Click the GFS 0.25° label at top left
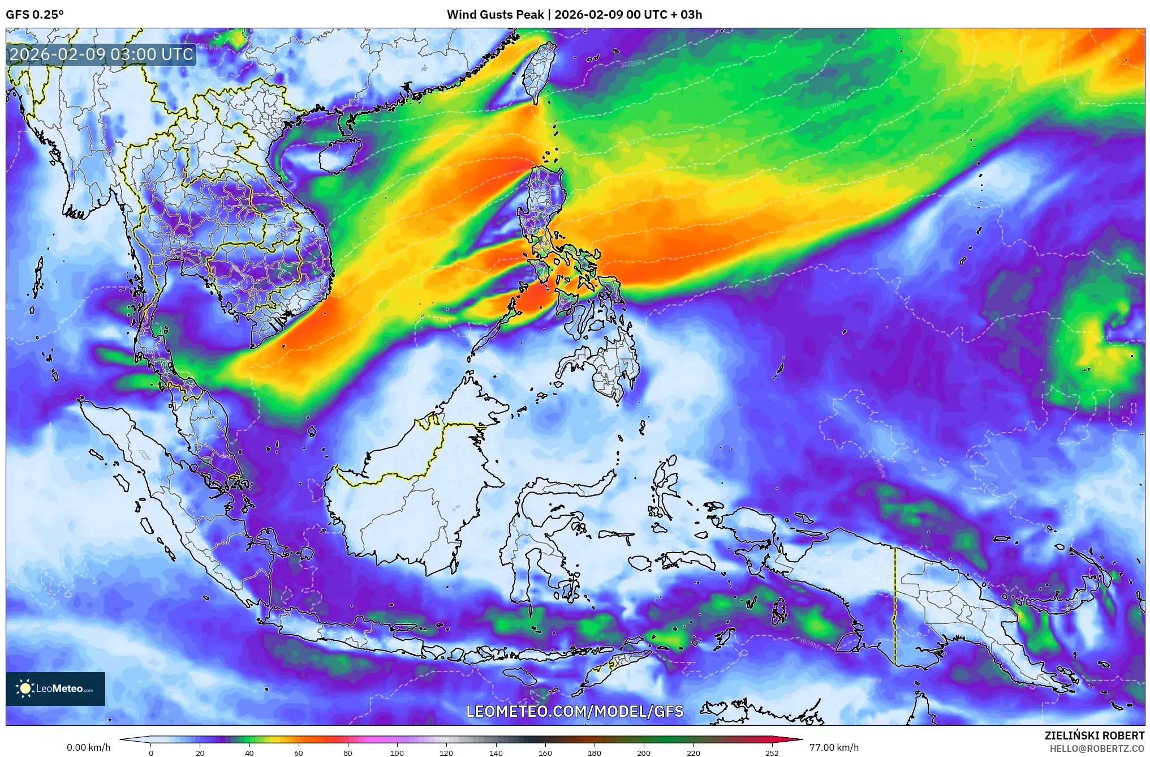pyautogui.click(x=35, y=15)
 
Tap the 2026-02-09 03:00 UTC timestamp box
pyautogui.click(x=102, y=54)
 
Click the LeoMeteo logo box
pyautogui.click(x=55, y=688)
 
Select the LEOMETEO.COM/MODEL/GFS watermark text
pyautogui.click(x=575, y=711)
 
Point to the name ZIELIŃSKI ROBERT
pyautogui.click(x=1094, y=735)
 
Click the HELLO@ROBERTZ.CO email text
pyautogui.click(x=1097, y=748)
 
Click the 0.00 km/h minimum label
pyautogui.click(x=88, y=747)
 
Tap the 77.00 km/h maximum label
pyautogui.click(x=834, y=747)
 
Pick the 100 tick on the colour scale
pyautogui.click(x=397, y=753)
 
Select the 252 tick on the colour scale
pyautogui.click(x=772, y=753)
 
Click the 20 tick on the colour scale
pyautogui.click(x=200, y=753)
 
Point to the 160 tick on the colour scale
pyautogui.click(x=545, y=753)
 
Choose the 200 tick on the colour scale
pyautogui.click(x=644, y=753)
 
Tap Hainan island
pyautogui.click(x=339, y=155)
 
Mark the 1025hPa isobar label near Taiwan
pyautogui.click(x=632, y=64)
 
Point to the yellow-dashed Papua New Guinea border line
pyautogui.click(x=895, y=606)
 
